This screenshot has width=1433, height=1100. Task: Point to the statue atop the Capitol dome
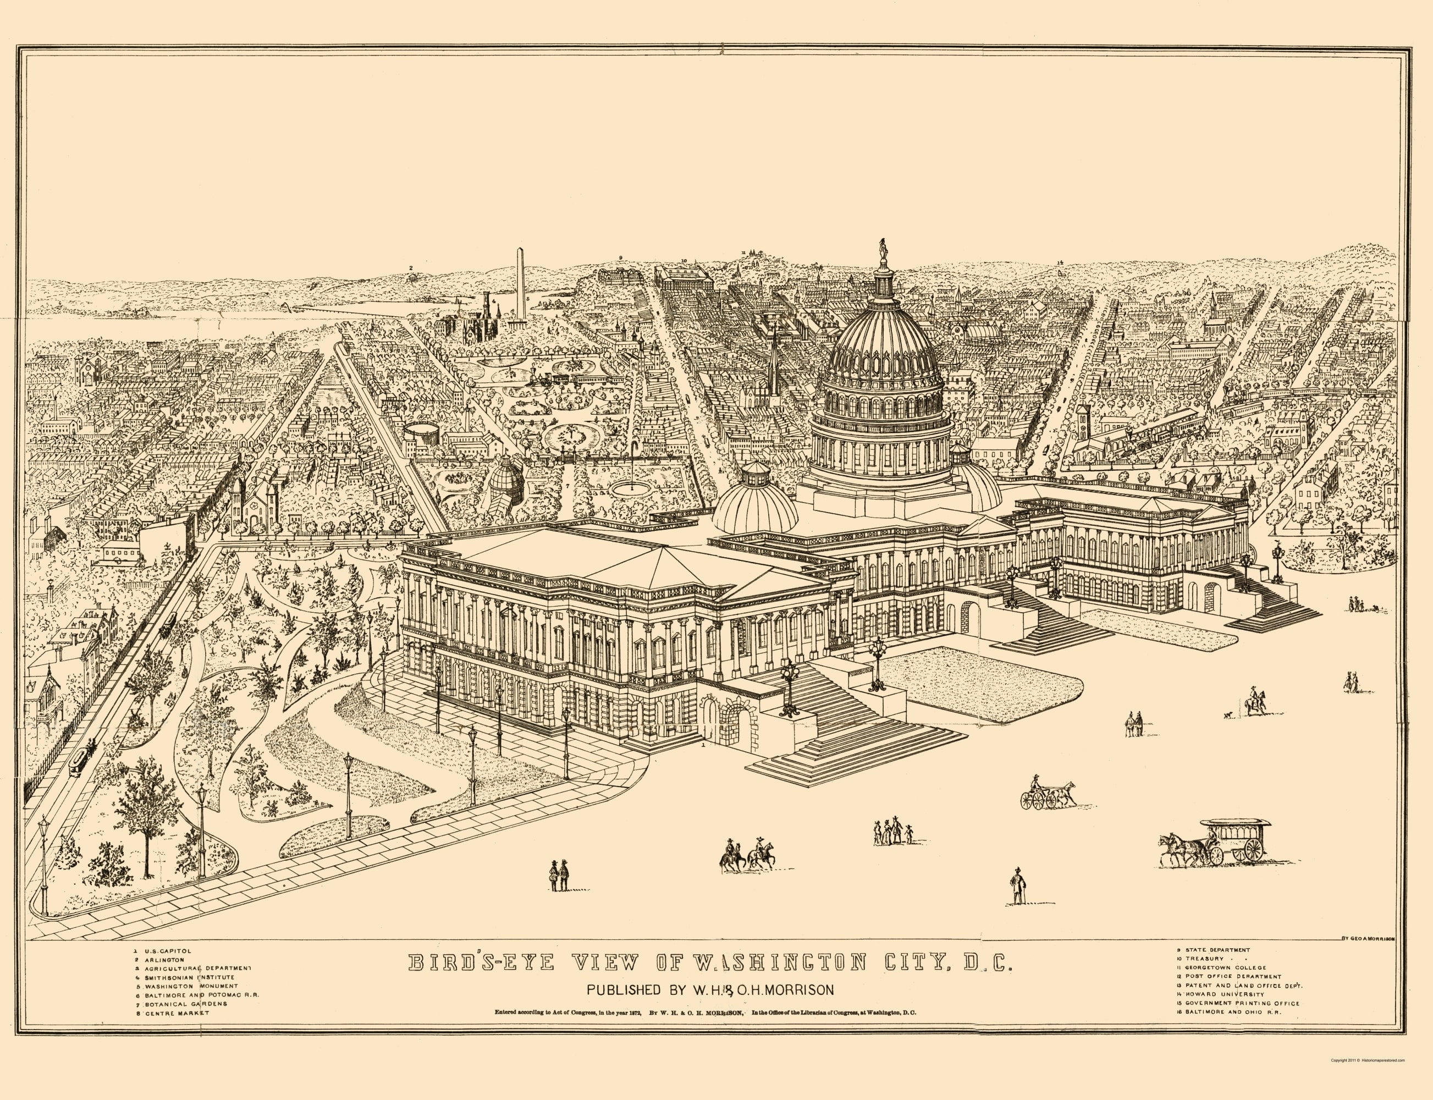tap(883, 250)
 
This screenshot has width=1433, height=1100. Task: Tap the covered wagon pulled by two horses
tap(1215, 845)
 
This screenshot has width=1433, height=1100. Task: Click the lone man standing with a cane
tap(1017, 886)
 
